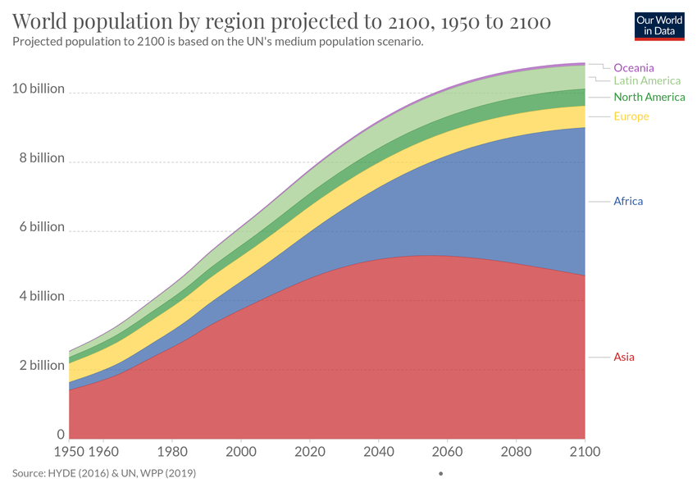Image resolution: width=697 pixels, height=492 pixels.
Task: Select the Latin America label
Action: [647, 81]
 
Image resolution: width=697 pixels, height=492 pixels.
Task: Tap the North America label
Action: [649, 98]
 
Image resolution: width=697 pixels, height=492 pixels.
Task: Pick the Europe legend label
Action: [631, 116]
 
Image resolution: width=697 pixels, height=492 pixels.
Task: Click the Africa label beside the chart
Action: [628, 201]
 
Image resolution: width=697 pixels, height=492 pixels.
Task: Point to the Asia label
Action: [624, 357]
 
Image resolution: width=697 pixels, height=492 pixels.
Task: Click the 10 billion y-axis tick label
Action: [38, 89]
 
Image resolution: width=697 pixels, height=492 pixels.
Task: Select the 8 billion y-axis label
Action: [41, 157]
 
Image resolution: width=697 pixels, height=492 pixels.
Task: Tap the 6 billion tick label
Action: [41, 227]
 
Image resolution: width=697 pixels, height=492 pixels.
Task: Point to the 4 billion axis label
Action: [41, 296]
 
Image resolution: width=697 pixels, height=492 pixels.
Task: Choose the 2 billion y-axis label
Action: [41, 366]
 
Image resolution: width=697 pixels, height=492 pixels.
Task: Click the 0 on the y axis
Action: [60, 435]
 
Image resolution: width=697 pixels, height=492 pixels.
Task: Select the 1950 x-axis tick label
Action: [69, 452]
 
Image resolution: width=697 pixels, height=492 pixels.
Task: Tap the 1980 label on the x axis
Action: [171, 452]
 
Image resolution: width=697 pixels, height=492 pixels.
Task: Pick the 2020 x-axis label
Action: [309, 452]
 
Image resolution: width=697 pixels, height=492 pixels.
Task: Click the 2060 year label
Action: [446, 452]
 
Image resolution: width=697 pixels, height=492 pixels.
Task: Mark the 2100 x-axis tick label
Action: [583, 452]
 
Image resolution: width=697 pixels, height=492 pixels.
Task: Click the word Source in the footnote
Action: [30, 473]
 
